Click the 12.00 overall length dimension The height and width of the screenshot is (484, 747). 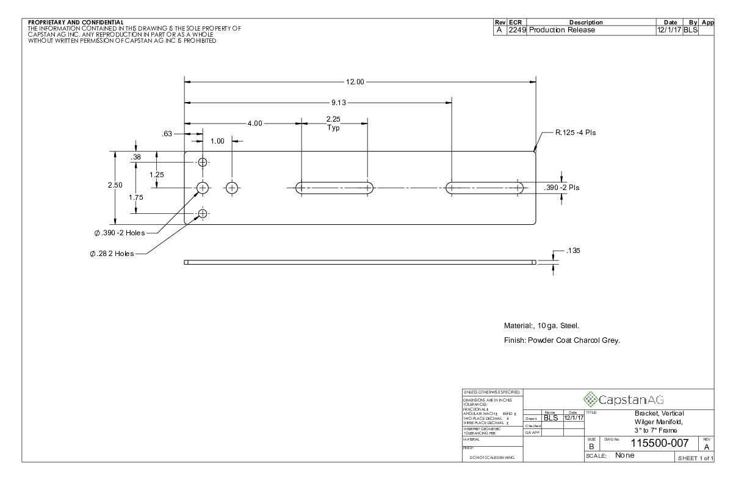click(x=355, y=82)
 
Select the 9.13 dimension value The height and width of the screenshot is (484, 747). click(x=339, y=103)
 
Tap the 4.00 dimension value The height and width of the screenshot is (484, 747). click(x=254, y=123)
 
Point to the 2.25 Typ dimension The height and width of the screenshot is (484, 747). click(x=333, y=123)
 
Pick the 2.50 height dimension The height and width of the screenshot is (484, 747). click(x=115, y=185)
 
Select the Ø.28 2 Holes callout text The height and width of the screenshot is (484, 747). click(x=111, y=254)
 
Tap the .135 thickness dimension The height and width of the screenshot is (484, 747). click(x=573, y=251)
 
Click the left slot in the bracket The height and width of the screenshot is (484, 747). click(x=334, y=188)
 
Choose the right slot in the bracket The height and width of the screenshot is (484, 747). click(x=485, y=188)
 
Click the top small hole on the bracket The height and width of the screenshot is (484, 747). click(x=203, y=163)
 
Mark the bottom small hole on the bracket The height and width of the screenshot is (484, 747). click(x=203, y=213)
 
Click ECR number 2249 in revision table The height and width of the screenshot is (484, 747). click(x=518, y=30)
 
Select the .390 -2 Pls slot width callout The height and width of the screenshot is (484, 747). click(x=561, y=188)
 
